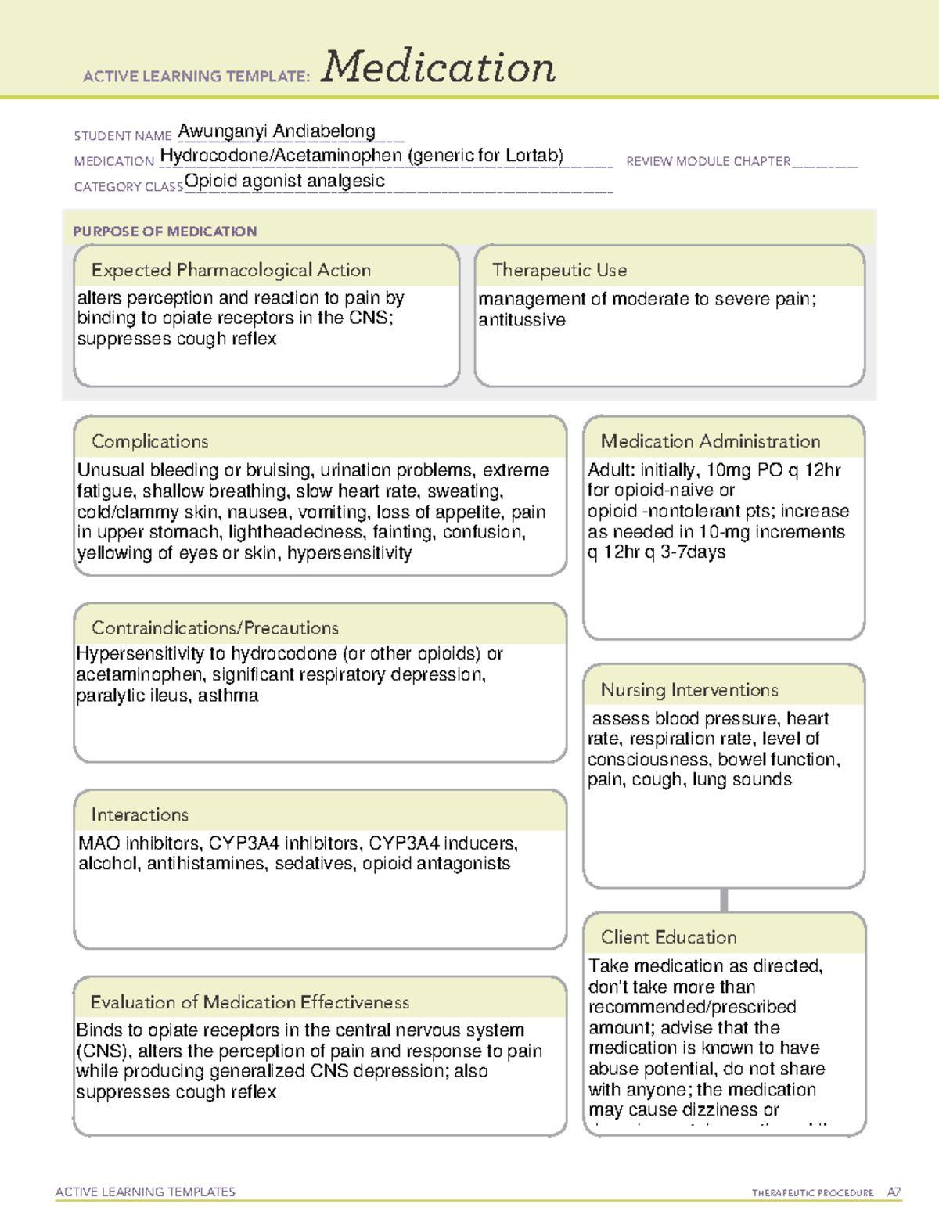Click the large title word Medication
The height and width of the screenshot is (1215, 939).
tap(438, 67)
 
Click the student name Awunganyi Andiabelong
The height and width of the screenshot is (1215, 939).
tap(276, 131)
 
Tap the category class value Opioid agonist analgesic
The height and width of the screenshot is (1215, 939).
tap(285, 181)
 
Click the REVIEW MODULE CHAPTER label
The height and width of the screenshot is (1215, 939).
tap(708, 161)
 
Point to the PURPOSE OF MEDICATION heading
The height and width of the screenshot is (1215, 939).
tap(165, 232)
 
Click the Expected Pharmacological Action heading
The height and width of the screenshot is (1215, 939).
tap(231, 270)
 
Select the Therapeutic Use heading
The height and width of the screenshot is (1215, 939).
tap(559, 270)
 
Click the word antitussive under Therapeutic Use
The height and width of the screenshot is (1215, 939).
tap(522, 320)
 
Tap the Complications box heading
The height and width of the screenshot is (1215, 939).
tap(150, 441)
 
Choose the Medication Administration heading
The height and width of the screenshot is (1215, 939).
tap(711, 441)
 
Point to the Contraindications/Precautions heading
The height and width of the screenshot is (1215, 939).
tap(215, 628)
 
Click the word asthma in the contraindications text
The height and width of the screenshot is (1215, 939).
tap(228, 696)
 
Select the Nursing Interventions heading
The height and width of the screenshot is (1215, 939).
tap(689, 690)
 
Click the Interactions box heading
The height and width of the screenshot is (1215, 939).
tap(140, 815)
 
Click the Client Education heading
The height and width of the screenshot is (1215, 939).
tap(668, 937)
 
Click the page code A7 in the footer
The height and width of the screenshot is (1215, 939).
tap(894, 1192)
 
